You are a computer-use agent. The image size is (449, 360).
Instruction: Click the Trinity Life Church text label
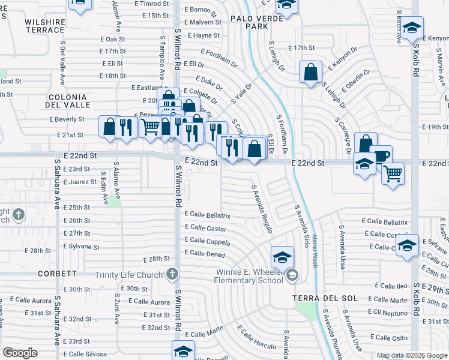tap(129, 275)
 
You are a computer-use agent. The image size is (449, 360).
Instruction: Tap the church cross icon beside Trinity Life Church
tap(172, 275)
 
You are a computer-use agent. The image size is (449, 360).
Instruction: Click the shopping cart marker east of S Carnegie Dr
tap(393, 174)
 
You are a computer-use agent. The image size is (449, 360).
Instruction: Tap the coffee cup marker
tap(380, 156)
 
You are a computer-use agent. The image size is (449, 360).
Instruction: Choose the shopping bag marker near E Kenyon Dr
tap(310, 73)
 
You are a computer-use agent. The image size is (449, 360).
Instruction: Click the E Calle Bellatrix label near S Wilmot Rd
tap(207, 214)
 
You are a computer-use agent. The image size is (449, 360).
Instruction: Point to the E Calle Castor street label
tap(205, 229)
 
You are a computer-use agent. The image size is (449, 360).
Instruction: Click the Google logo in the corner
tap(20, 353)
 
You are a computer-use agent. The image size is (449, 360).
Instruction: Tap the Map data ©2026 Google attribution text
tap(412, 356)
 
